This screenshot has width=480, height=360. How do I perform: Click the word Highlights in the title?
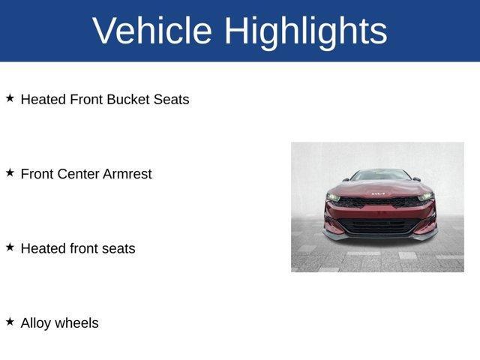coord(305,31)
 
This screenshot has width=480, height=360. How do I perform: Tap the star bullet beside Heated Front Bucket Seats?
coord(10,98)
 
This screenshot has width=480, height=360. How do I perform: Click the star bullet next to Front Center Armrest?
coord(10,172)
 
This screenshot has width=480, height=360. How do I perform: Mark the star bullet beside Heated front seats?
coord(10,247)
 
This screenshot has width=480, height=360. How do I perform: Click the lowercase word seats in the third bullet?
coord(118,248)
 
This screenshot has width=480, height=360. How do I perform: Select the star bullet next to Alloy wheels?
coord(10,322)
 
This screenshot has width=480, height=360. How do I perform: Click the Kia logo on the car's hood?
coord(378,193)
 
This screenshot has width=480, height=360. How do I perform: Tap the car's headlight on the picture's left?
coord(333,197)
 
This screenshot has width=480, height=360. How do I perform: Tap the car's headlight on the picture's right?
coord(424,196)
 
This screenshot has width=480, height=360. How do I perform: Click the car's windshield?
coord(380,175)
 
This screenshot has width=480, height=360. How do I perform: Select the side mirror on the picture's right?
coord(415,180)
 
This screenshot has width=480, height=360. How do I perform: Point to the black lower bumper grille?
coord(379,225)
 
